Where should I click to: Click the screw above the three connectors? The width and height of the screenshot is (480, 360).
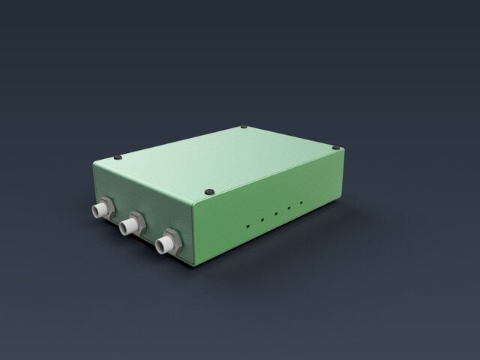[121, 157]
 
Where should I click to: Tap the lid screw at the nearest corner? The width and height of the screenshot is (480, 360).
[210, 191]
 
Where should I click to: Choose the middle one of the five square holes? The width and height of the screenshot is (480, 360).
[276, 214]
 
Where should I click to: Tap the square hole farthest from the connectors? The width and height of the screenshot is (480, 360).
[301, 202]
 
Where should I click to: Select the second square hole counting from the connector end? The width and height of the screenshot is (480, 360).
[262, 220]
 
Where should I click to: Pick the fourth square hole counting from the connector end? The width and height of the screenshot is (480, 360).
[289, 208]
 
